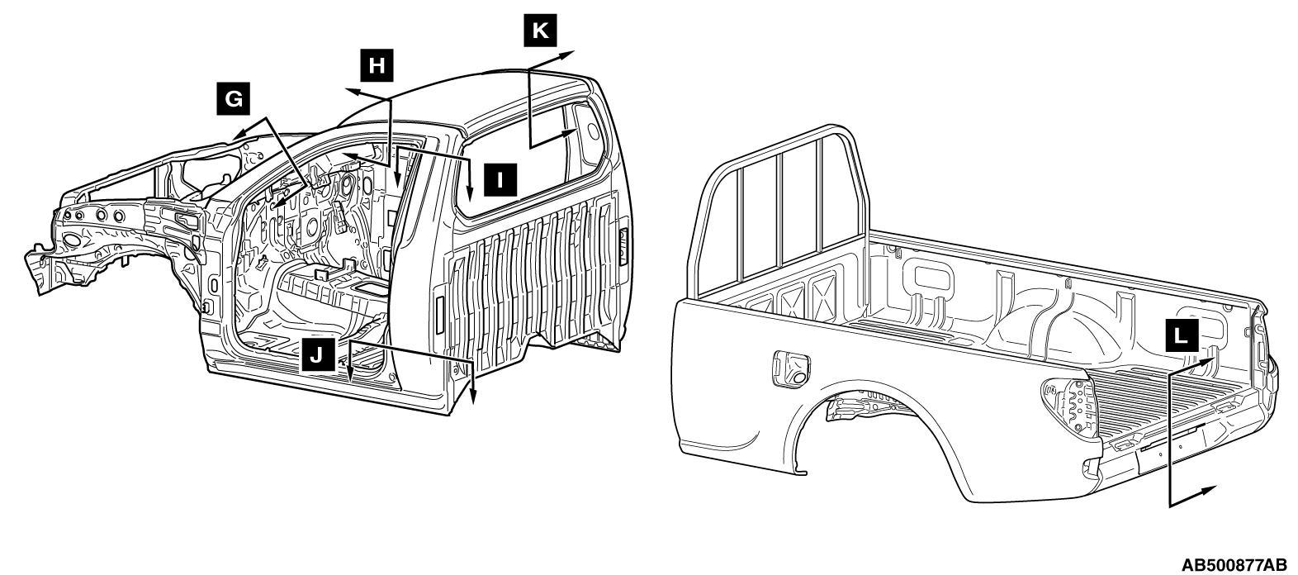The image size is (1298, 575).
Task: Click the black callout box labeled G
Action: [x=234, y=99]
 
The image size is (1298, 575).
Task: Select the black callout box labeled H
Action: [x=377, y=65]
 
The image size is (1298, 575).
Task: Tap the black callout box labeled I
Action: [x=500, y=180]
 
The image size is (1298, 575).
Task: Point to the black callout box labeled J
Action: [x=318, y=354]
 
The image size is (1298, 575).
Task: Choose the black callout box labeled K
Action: [x=540, y=30]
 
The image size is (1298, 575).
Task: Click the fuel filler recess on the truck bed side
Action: [x=792, y=368]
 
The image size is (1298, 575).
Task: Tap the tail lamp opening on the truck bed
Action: [x=1068, y=408]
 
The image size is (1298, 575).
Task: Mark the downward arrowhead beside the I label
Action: [x=470, y=190]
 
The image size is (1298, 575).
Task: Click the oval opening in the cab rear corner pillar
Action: [x=592, y=131]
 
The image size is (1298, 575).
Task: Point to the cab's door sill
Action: [x=328, y=384]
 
